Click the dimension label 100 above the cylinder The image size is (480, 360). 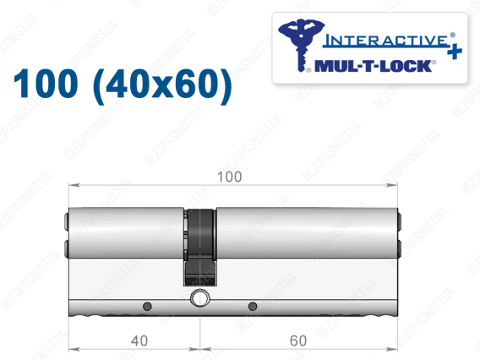coord(229,177)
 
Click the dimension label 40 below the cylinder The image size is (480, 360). coord(139,341)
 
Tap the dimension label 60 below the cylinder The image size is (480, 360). coord(298,341)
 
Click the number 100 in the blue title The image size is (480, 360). coord(46,84)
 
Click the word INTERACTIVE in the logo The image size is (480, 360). coord(386,41)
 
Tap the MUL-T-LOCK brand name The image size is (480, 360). coord(374,66)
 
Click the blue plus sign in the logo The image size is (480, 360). coord(455,52)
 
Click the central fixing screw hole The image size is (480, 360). coord(200,297)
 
